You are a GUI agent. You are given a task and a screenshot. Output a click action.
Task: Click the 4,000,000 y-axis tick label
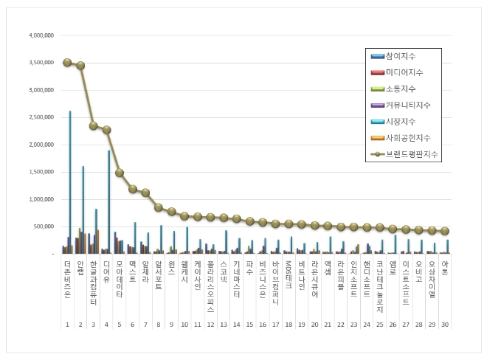coord(41,35)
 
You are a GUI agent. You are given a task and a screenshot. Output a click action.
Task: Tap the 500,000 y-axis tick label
coord(44,226)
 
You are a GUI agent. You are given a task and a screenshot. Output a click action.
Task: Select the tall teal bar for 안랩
coord(83,210)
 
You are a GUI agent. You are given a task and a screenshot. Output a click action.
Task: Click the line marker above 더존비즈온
coord(67,63)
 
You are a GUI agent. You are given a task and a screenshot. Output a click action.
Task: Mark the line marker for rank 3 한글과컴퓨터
coord(94,125)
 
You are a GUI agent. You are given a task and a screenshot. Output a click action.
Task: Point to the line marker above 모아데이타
coord(120,173)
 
